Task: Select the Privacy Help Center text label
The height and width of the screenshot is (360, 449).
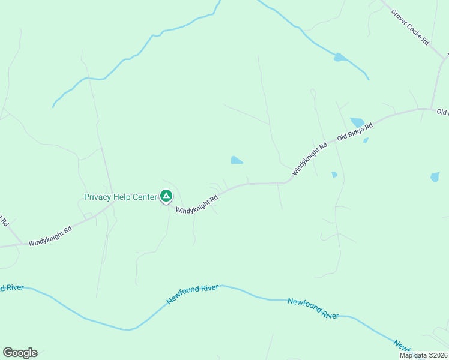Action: [x=120, y=197]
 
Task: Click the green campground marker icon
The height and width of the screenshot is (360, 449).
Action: [x=166, y=196]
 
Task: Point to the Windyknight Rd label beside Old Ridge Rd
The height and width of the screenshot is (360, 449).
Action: [x=310, y=158]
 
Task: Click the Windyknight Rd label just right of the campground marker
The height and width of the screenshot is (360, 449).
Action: [x=197, y=202]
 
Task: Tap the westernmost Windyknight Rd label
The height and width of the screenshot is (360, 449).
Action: [x=50, y=236]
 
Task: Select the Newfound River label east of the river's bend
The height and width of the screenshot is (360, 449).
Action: [x=313, y=308]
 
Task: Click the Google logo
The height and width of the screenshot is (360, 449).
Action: [x=20, y=353]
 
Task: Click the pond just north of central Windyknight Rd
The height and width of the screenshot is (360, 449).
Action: [x=237, y=160]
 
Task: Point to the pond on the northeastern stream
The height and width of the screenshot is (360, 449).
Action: [x=340, y=58]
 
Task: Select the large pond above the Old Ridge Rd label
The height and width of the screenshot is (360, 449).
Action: [x=357, y=122]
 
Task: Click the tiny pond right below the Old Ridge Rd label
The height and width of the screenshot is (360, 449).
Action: [x=366, y=140]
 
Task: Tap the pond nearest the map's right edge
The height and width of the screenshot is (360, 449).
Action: [x=435, y=177]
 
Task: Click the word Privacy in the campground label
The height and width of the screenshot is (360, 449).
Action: [x=97, y=197]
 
